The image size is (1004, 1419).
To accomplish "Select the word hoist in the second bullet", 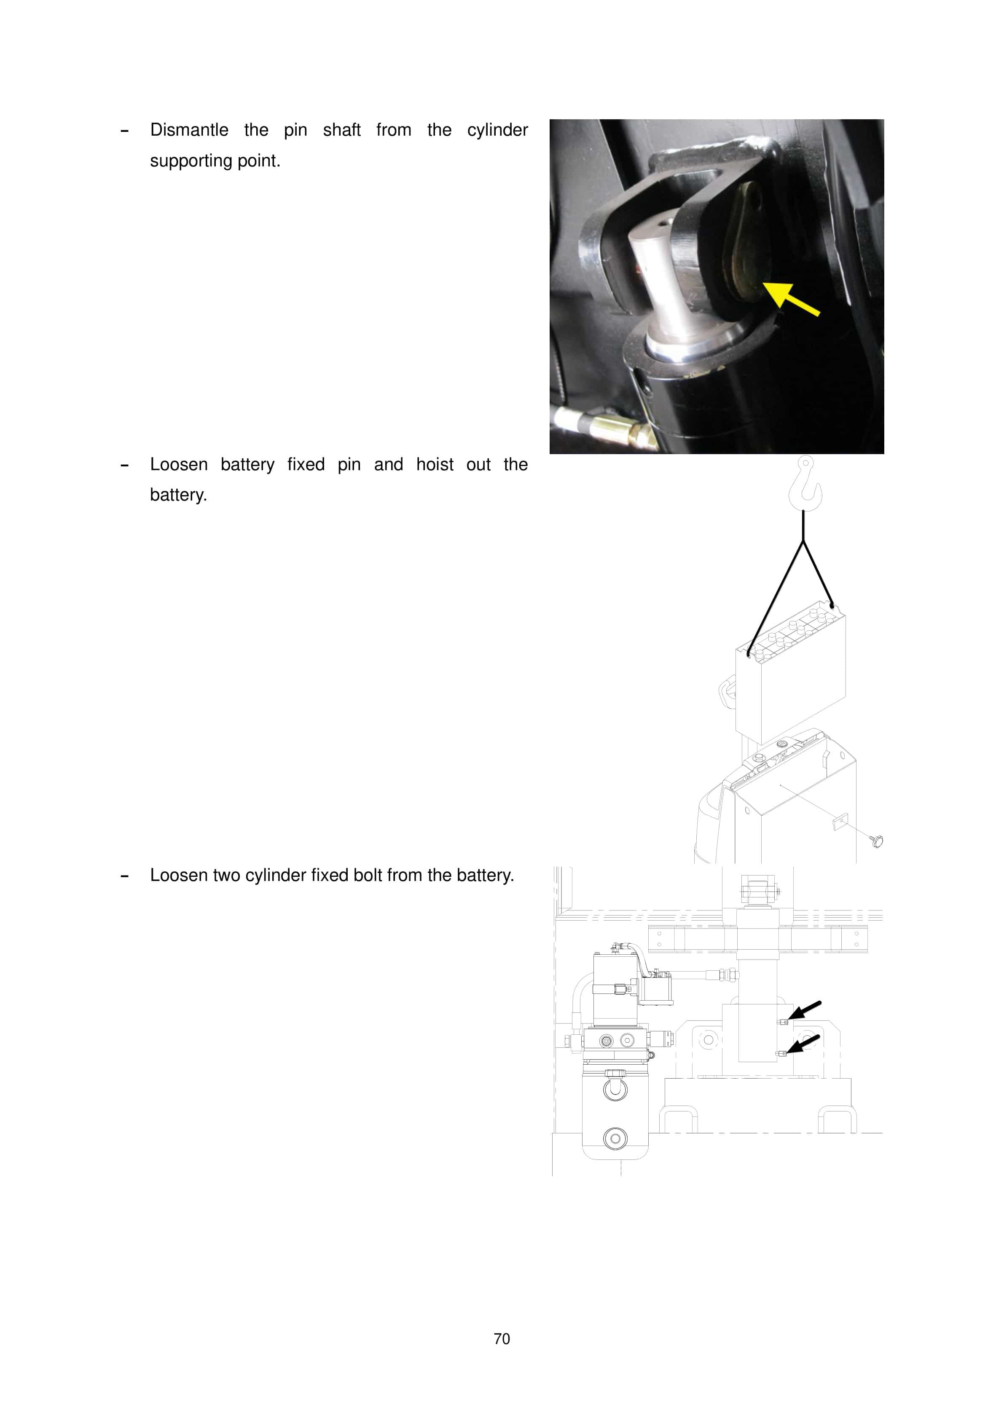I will pyautogui.click(x=434, y=465).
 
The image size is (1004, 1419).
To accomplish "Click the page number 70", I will pyautogui.click(x=502, y=1339).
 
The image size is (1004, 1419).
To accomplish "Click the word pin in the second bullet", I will pyautogui.click(x=349, y=465).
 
